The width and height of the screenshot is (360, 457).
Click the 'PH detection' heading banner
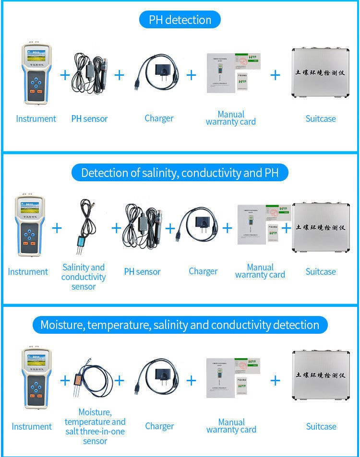coord(180,20)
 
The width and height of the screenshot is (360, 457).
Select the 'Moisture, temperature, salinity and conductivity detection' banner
coord(180,325)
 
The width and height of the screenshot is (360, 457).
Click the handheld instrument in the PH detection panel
coord(36,74)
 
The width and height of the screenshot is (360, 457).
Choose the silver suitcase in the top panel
coord(320,74)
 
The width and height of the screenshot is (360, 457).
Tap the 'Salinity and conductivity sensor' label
coord(84,277)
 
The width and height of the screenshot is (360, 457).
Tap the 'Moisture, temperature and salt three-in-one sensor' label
coord(95,426)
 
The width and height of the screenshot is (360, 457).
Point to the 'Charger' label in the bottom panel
coord(159,426)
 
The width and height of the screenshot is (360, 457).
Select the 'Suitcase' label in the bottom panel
coord(321,426)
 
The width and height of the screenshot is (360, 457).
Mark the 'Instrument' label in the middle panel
coord(28,272)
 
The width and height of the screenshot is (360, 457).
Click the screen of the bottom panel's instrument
coord(36,360)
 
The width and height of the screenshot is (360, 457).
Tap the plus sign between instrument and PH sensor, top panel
coord(65,75)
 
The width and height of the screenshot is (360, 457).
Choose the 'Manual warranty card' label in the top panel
coord(231,118)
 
